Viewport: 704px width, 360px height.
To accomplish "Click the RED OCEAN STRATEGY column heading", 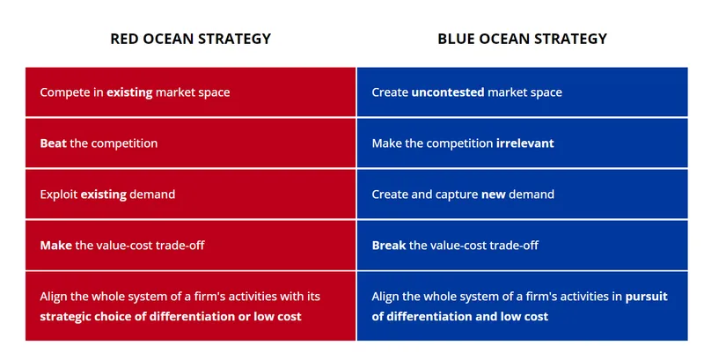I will [190, 39].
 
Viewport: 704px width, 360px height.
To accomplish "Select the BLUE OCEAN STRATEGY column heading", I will [522, 39].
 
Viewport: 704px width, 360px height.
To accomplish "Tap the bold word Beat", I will [53, 143].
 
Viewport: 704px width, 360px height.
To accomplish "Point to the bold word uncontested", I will [447, 92].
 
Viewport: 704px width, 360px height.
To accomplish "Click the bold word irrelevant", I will [524, 143].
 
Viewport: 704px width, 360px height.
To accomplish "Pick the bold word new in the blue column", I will [493, 194].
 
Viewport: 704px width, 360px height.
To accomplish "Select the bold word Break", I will [388, 245].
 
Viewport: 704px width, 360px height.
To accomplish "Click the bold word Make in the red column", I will [55, 245].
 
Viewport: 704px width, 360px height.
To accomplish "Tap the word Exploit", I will [59, 194].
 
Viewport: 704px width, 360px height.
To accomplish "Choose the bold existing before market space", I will [129, 92].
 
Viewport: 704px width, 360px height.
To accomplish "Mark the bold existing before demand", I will [103, 194].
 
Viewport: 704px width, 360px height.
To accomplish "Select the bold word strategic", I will [66, 316].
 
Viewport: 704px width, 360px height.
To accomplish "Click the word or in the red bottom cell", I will [241, 316].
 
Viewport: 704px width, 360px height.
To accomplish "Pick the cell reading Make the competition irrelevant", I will [522, 143].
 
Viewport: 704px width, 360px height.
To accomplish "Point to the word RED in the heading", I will [123, 39].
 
